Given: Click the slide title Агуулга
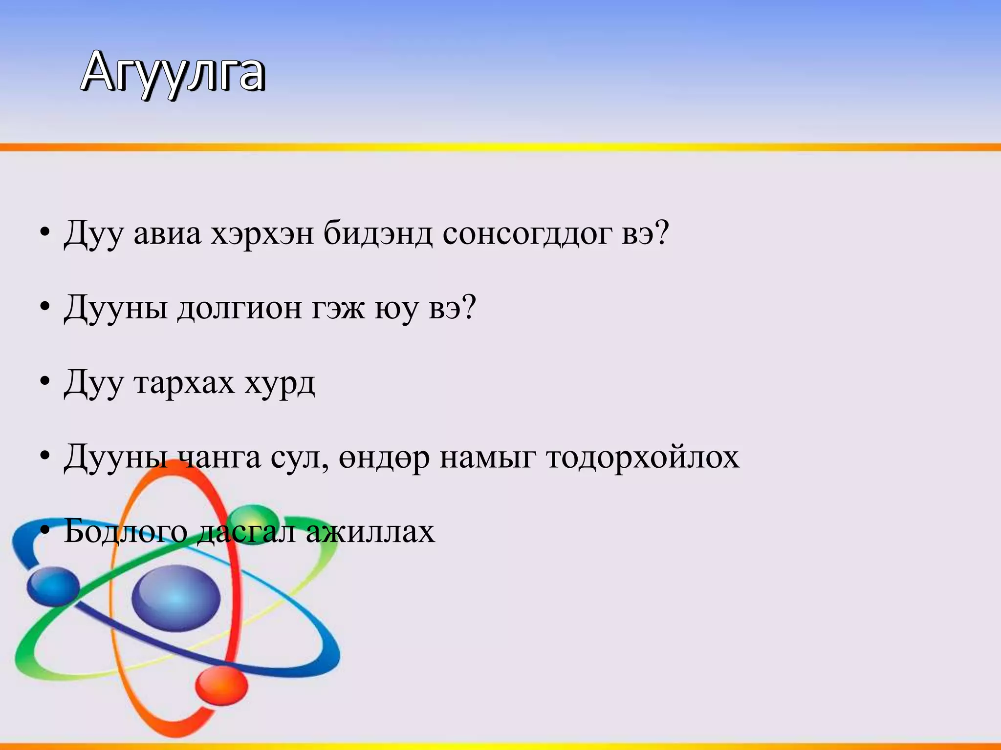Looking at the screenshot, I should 173,73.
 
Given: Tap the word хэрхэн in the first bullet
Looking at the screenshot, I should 262,233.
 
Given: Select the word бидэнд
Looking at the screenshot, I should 378,233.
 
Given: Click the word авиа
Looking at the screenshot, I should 167,233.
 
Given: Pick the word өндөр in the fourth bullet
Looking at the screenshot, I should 384,458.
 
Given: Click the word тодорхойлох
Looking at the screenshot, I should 642,458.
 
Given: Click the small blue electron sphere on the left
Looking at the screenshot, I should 53,586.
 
